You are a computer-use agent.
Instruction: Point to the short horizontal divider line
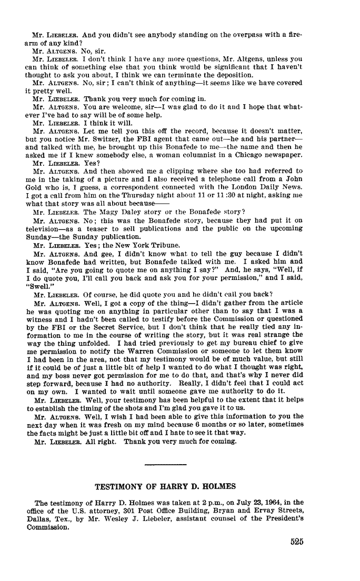pyautogui.click(x=165, y=465)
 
